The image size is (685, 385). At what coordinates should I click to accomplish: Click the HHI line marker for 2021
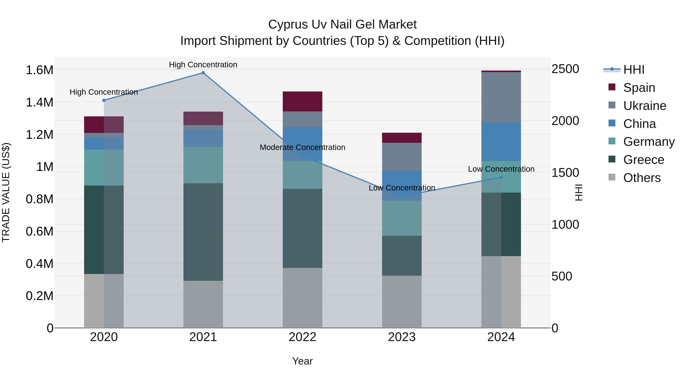point(203,73)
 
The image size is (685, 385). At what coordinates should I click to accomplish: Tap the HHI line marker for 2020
point(104,100)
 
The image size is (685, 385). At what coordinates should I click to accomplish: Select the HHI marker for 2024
point(501,177)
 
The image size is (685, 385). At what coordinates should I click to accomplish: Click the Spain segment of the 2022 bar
point(302,102)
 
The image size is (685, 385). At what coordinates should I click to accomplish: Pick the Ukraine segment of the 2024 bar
point(501,97)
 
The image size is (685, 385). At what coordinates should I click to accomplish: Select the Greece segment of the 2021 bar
point(203,232)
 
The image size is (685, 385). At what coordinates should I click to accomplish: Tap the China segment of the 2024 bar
point(501,142)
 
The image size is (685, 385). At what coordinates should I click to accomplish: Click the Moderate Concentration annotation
point(302,148)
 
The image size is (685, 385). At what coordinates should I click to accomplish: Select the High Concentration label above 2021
point(203,65)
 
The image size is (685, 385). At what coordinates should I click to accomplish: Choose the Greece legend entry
point(643,160)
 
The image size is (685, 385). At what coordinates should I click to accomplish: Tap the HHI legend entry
point(633,70)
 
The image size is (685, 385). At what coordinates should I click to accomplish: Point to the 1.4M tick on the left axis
point(40,102)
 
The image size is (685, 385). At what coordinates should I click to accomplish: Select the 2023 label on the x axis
point(402,337)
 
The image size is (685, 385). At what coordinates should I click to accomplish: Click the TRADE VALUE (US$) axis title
point(6,192)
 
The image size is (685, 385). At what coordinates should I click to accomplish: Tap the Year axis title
point(302,361)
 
